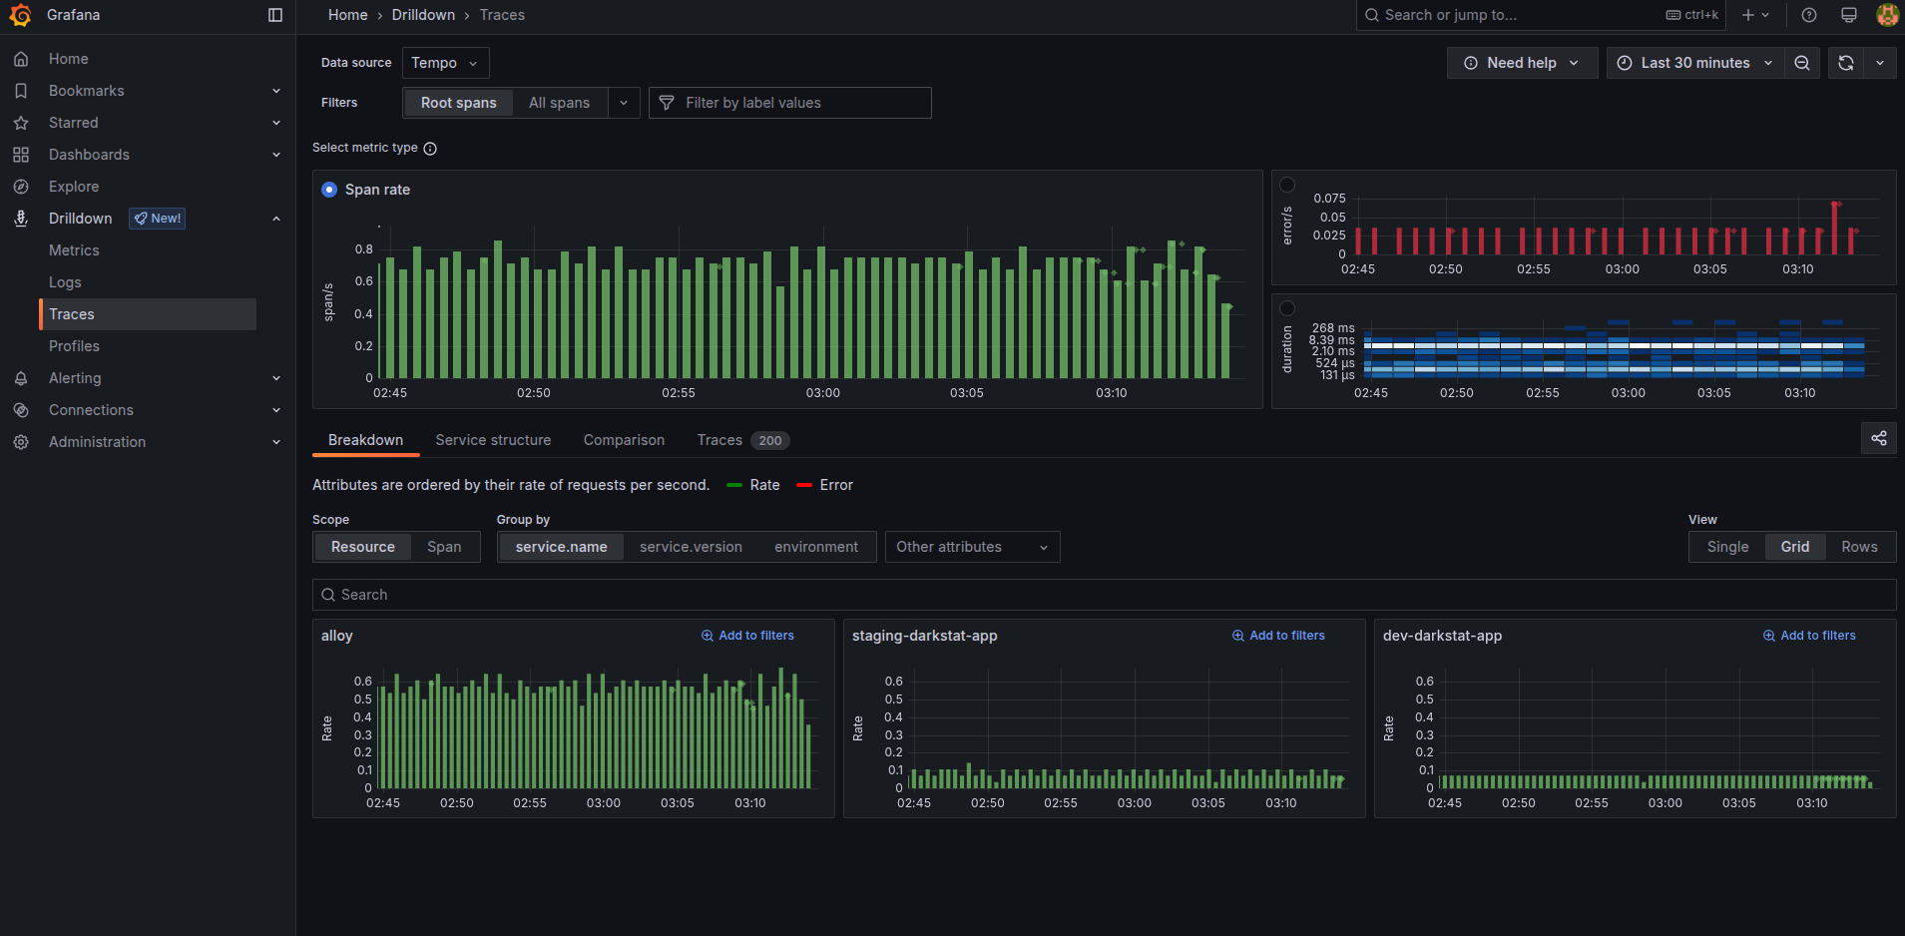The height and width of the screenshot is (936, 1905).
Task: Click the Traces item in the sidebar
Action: [x=72, y=314]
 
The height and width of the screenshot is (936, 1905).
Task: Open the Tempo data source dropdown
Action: [x=445, y=63]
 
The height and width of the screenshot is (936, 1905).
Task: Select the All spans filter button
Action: [x=559, y=103]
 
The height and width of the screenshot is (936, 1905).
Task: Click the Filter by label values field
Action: [x=790, y=103]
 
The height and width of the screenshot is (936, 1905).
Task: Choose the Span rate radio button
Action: [x=329, y=190]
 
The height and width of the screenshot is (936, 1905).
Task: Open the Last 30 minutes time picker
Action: [x=1694, y=63]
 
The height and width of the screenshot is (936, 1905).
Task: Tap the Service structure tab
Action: [x=493, y=440]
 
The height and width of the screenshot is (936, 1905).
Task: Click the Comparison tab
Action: [x=624, y=440]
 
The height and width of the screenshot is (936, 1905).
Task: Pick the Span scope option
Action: [x=444, y=547]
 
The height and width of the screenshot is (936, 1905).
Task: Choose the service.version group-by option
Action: [x=691, y=547]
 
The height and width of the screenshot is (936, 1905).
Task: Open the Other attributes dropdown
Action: [x=972, y=547]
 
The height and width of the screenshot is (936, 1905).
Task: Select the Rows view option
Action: [x=1859, y=547]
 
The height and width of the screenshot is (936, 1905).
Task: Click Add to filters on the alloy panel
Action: [x=747, y=636]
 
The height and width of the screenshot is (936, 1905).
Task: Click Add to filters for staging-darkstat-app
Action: [x=1278, y=636]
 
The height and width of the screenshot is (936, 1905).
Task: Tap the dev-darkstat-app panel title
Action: [x=1442, y=636]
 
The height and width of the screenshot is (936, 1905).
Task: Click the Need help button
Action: [x=1522, y=63]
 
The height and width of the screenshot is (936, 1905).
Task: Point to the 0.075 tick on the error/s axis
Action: [x=1329, y=199]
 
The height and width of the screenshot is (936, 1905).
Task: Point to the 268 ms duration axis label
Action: [x=1333, y=328]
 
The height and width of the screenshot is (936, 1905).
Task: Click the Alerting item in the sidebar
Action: [x=75, y=378]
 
